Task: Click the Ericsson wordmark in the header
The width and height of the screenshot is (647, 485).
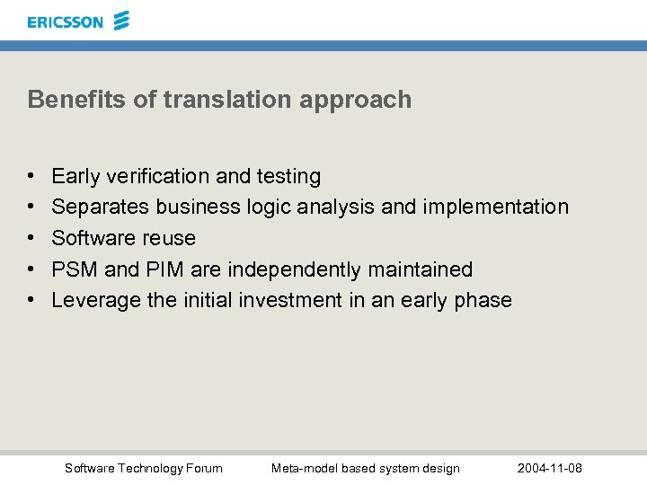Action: (65, 22)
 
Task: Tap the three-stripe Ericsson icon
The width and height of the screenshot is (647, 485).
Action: (121, 21)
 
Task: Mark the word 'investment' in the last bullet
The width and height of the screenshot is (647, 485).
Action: (290, 300)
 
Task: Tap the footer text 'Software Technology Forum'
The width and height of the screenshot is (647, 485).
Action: (144, 468)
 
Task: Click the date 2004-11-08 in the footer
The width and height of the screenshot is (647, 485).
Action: (550, 468)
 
